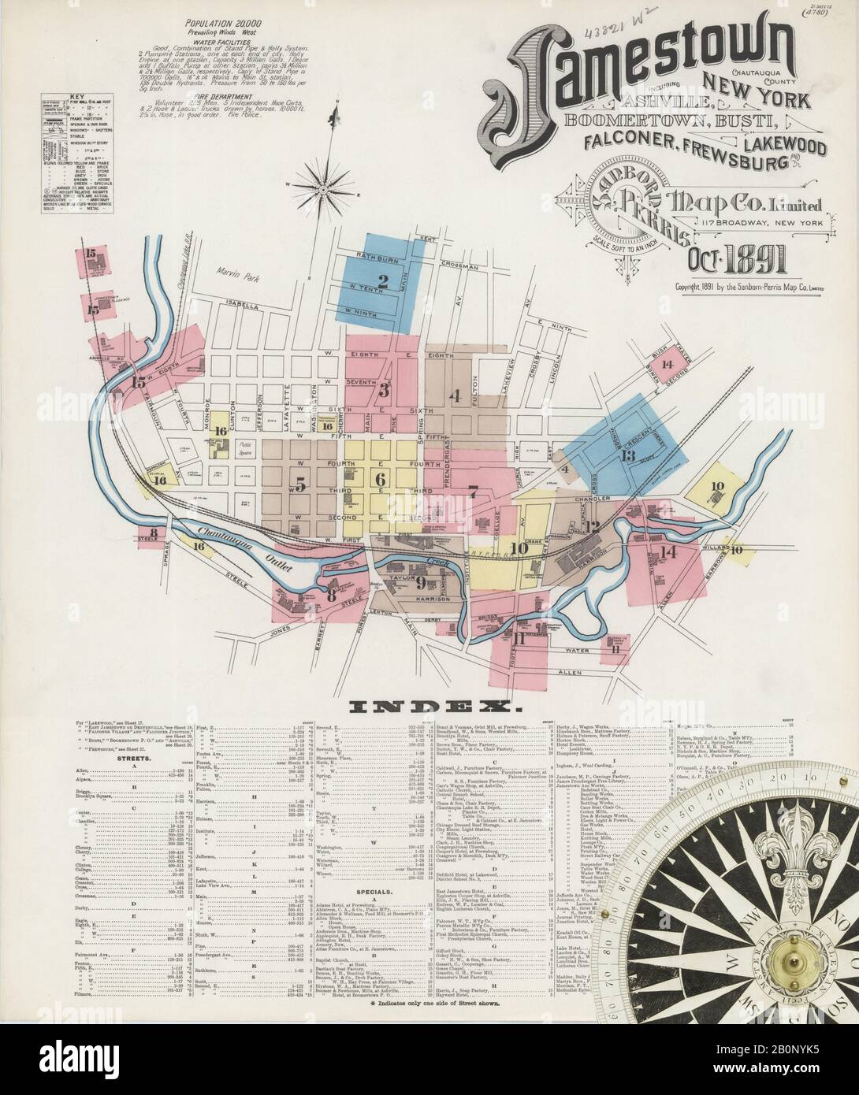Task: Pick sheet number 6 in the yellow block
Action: [380, 480]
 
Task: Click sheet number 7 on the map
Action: [473, 492]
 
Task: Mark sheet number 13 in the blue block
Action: [628, 455]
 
